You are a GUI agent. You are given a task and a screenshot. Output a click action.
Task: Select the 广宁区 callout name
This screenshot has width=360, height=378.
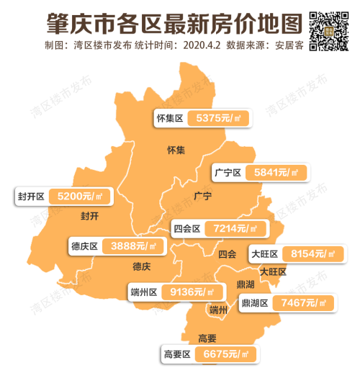[228, 173]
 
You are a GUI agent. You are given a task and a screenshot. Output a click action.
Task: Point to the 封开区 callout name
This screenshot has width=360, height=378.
[32, 196]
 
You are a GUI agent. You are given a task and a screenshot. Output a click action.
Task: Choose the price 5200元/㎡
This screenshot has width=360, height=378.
[80, 196]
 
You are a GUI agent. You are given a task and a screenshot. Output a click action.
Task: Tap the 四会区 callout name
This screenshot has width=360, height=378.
[186, 229]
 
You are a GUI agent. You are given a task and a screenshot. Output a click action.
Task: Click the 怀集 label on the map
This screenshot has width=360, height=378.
[176, 150]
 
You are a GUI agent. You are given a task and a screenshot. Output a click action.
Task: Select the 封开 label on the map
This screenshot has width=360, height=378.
[90, 216]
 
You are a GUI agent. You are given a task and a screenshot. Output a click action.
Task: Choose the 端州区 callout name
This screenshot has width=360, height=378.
[144, 292]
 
